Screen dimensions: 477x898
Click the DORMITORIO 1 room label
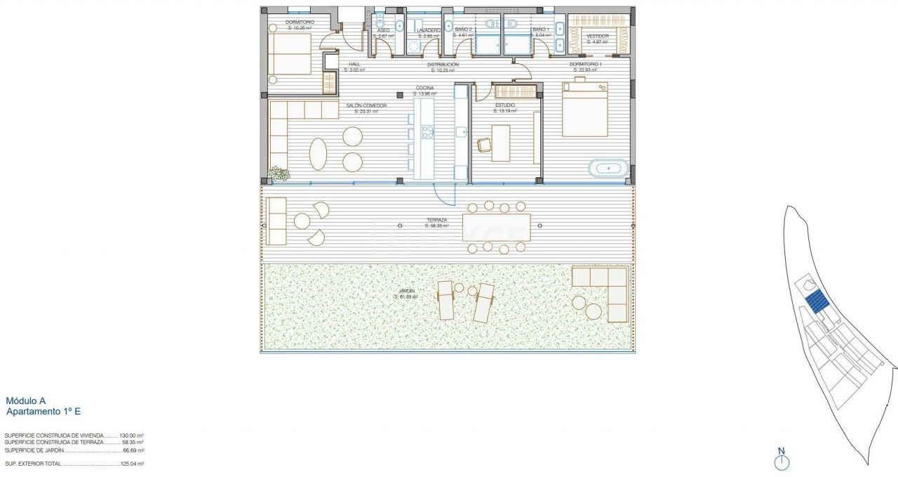[584, 64]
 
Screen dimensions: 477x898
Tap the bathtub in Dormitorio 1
[608, 169]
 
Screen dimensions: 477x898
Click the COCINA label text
[424, 89]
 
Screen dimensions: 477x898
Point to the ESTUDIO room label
[505, 105]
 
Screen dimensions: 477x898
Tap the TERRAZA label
[436, 220]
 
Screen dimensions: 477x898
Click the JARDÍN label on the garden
[406, 291]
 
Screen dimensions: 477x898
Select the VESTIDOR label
[597, 36]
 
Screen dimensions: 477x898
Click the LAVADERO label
[428, 30]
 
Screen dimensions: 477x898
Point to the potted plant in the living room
[279, 174]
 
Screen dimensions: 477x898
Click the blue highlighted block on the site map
[816, 303]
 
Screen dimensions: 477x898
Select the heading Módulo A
[25, 401]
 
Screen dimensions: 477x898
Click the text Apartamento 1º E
[43, 412]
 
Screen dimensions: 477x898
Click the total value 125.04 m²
[131, 464]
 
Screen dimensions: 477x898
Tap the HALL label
[354, 64]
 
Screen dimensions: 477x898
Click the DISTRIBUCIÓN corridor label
[443, 64]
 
